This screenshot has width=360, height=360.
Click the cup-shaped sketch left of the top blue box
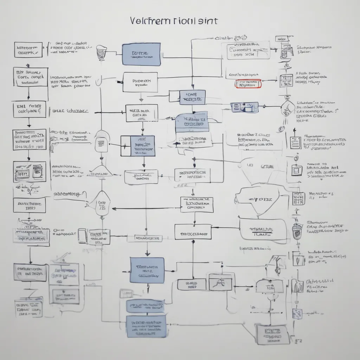coord(102,52)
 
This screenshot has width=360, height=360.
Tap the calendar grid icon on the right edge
coord(298,199)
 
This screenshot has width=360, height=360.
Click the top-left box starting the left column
coord(28,50)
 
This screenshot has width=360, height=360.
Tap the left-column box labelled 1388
coord(30,205)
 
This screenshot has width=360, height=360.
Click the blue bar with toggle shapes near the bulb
coord(245,108)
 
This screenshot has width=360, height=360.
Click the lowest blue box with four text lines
coord(146,326)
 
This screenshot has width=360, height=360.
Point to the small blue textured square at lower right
coord(297,313)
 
